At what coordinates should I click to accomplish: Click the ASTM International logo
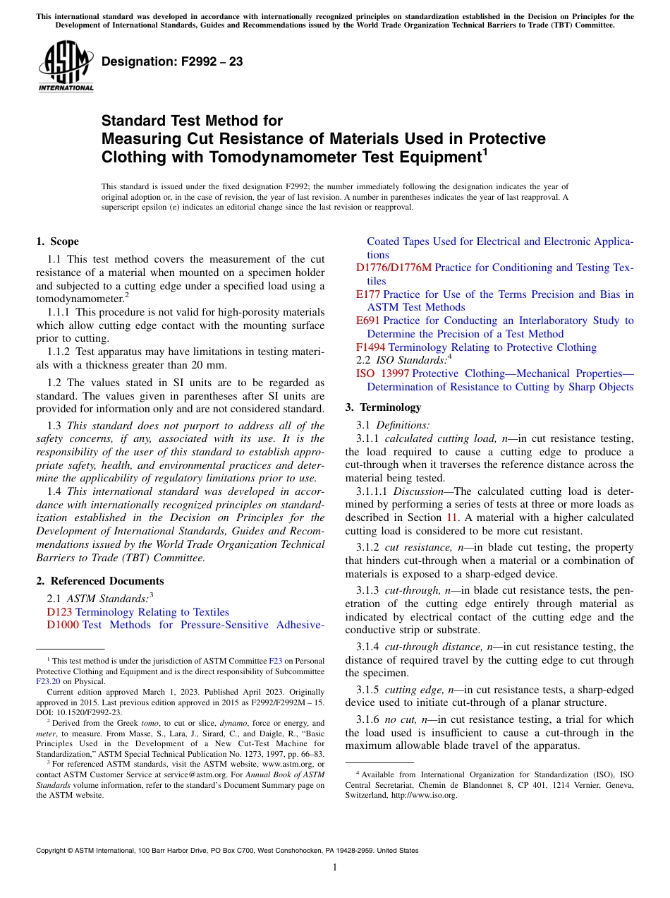click(66, 67)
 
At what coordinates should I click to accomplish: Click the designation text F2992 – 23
click(172, 62)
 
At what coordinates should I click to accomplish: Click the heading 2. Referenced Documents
click(100, 581)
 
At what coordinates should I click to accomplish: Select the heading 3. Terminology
click(383, 407)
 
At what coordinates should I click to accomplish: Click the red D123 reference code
click(59, 612)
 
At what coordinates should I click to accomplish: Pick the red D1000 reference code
click(63, 625)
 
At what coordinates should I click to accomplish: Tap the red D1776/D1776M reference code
click(394, 268)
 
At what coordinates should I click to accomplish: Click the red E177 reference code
click(368, 294)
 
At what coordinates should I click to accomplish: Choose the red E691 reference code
click(368, 321)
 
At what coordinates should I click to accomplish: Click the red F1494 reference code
click(371, 347)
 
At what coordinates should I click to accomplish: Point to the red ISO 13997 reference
click(382, 373)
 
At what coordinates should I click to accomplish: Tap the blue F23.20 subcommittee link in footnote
click(49, 681)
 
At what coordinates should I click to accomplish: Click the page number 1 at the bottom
click(335, 868)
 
